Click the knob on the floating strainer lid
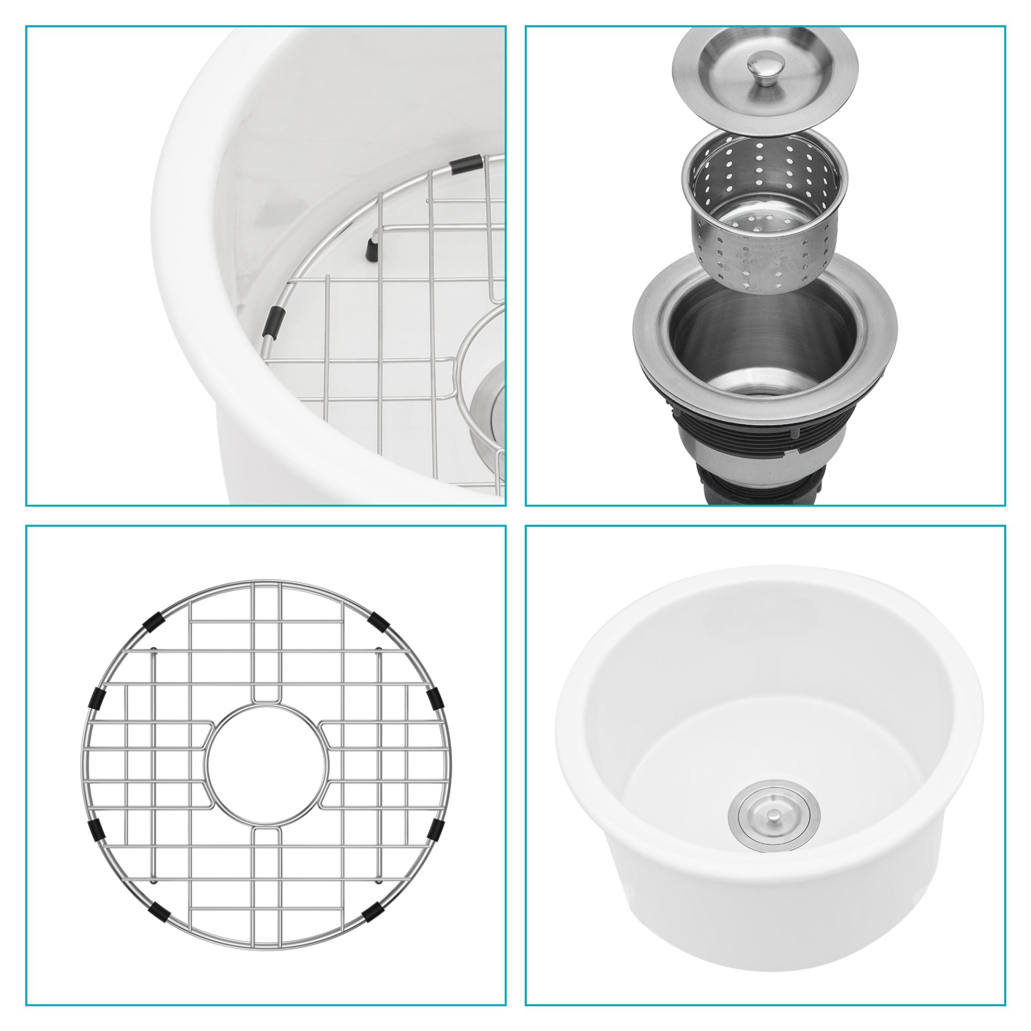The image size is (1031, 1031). click(766, 67)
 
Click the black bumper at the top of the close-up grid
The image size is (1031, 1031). click(466, 164)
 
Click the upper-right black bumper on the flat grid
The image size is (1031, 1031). click(380, 622)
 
